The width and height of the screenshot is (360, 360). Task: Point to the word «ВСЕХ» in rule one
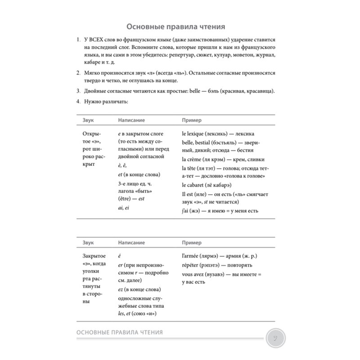click(97, 40)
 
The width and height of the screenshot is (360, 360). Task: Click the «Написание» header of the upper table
click(131, 121)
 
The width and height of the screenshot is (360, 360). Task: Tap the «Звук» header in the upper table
click(90, 121)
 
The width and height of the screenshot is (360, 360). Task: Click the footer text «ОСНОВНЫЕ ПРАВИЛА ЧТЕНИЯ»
click(120, 332)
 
